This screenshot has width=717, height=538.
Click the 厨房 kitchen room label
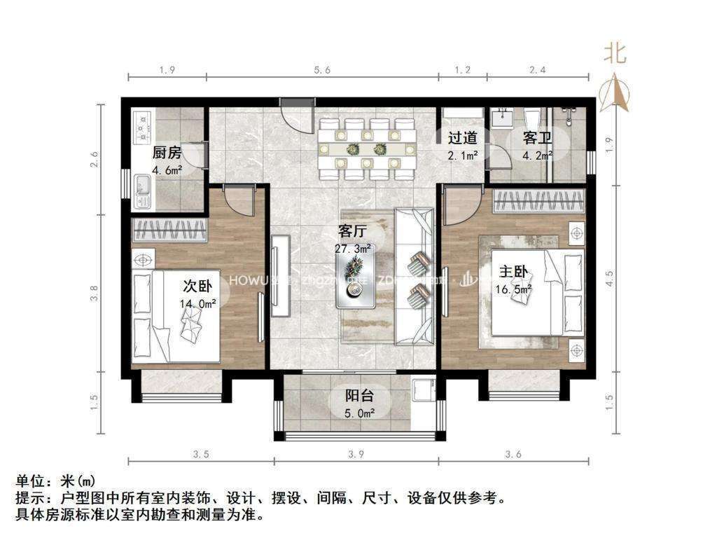tap(167, 153)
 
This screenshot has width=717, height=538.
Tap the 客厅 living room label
tap(352, 232)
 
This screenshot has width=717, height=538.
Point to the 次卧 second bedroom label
tap(197, 286)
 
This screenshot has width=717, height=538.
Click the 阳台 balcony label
tap(358, 395)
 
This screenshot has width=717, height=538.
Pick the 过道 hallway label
tap(463, 138)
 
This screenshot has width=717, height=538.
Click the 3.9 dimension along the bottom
tap(356, 455)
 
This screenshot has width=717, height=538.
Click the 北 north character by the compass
tap(615, 53)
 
